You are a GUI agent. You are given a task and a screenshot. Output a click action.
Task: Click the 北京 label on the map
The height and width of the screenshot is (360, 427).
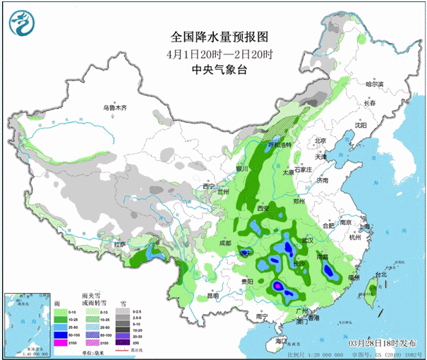(x=322, y=141)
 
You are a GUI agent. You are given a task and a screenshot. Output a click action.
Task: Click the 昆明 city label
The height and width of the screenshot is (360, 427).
(x=212, y=296)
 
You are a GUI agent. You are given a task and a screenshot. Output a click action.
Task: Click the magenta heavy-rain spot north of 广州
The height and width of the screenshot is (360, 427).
(x=279, y=286)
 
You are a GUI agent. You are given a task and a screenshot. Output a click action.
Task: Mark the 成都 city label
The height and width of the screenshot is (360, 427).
(x=225, y=243)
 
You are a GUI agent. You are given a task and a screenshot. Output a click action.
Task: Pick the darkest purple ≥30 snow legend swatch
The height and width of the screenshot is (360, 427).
(x=122, y=342)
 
